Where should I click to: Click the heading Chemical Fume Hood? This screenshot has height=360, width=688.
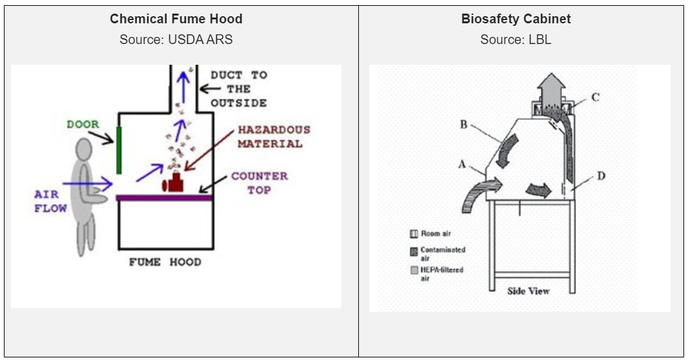point(176,19)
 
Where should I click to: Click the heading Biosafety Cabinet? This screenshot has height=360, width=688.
point(516,19)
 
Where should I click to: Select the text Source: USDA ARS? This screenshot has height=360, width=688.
point(176,39)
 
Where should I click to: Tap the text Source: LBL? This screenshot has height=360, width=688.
point(516,39)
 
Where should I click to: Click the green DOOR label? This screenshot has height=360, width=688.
point(83,124)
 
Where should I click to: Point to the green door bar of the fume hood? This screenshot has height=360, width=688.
point(119,150)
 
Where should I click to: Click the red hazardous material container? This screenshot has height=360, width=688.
point(174,183)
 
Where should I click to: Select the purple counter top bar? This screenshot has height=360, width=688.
point(165,197)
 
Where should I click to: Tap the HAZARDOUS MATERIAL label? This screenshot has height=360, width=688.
point(273,137)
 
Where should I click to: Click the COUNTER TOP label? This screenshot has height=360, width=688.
point(259,183)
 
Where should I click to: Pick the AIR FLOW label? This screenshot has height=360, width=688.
point(51,201)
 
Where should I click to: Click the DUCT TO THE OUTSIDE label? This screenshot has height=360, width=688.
point(238,89)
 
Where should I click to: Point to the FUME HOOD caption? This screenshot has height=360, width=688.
point(165,262)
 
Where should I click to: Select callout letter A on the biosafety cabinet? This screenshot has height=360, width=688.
point(462,164)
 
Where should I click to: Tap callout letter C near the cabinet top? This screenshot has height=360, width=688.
point(595,97)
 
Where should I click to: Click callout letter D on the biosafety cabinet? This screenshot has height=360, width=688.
point(601,175)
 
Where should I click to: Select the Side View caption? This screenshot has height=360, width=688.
point(528,291)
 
